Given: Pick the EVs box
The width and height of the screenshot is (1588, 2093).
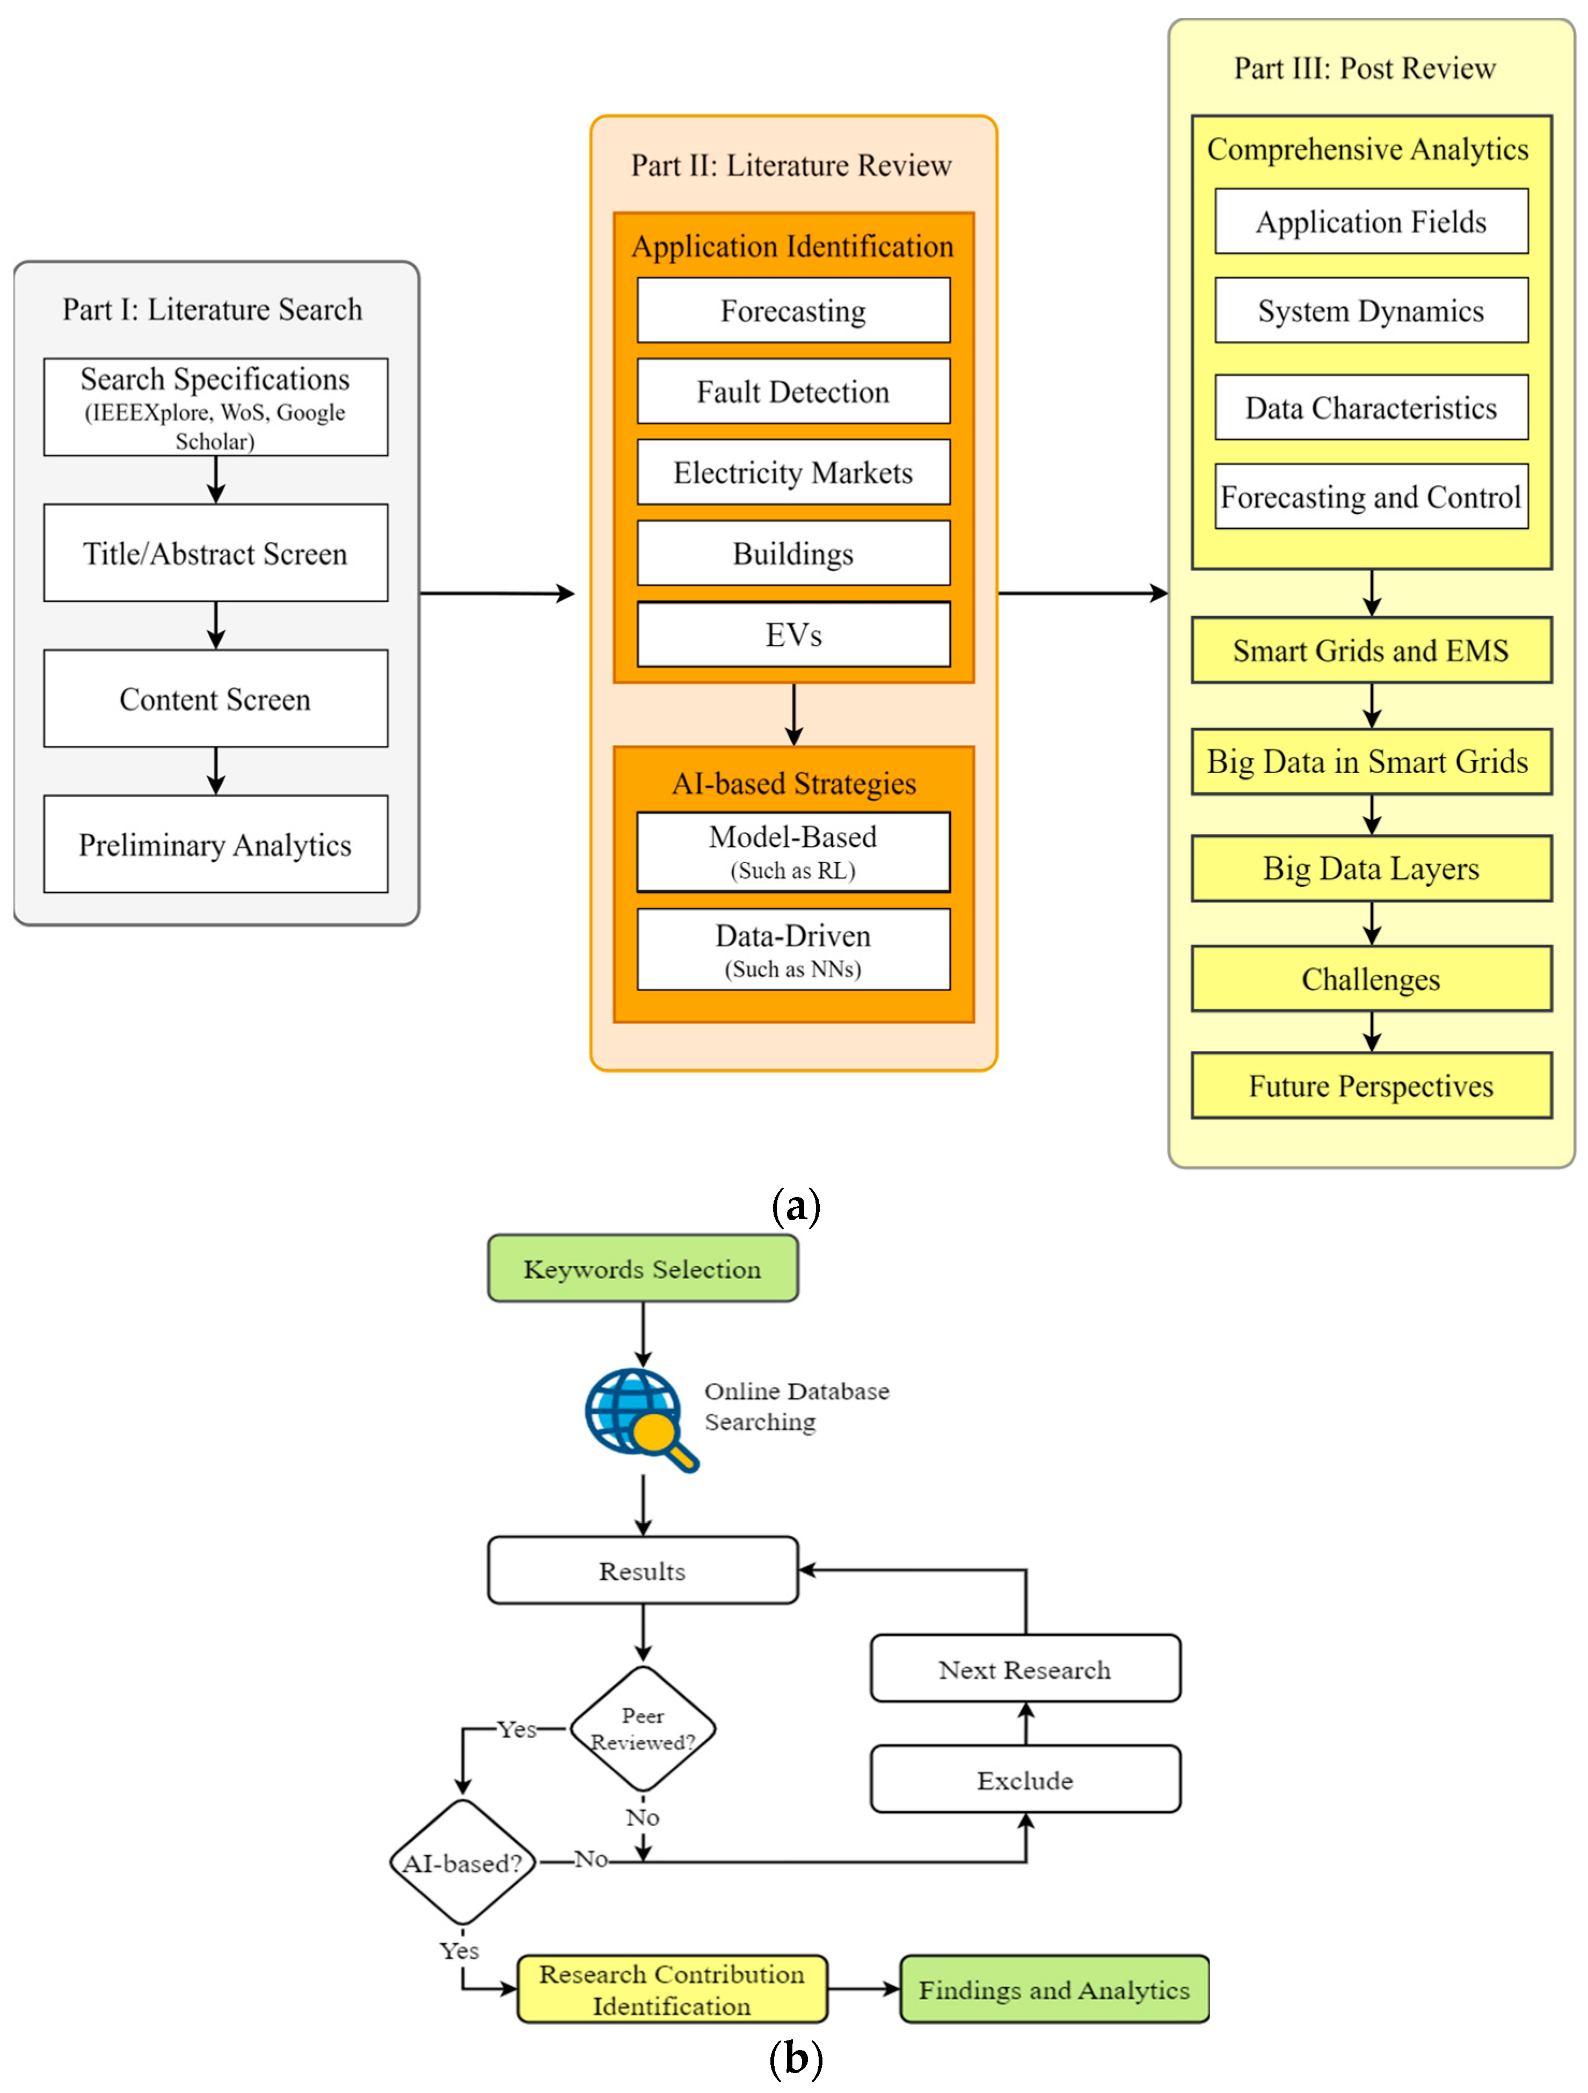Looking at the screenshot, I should click(x=793, y=634).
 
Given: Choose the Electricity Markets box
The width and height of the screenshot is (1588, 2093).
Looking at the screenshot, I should click(x=793, y=472).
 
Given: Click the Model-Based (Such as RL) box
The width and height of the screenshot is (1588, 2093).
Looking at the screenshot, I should click(x=793, y=851).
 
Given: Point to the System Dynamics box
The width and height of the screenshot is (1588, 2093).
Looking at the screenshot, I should click(x=1371, y=310).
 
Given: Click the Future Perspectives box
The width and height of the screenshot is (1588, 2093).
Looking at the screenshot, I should click(x=1371, y=1085).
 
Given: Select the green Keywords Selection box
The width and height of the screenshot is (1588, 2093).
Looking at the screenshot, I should click(x=643, y=1268).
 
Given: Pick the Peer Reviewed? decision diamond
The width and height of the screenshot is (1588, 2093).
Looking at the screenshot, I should click(x=643, y=1729).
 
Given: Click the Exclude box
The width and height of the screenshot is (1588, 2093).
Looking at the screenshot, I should click(x=1025, y=1780).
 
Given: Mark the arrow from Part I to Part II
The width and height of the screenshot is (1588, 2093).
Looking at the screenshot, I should click(x=497, y=593).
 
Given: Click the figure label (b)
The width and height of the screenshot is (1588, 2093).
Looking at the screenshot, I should click(x=795, y=2059).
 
